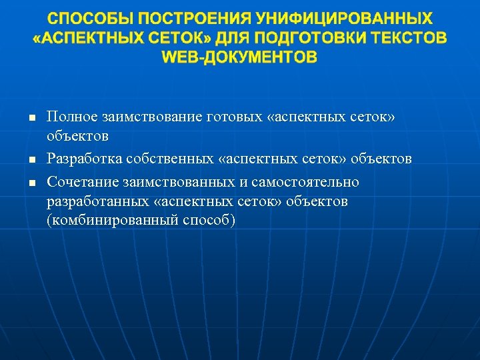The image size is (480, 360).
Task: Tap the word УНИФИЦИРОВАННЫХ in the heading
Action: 350,18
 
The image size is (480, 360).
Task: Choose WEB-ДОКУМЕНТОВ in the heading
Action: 240,58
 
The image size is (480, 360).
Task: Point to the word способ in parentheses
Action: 209,221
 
